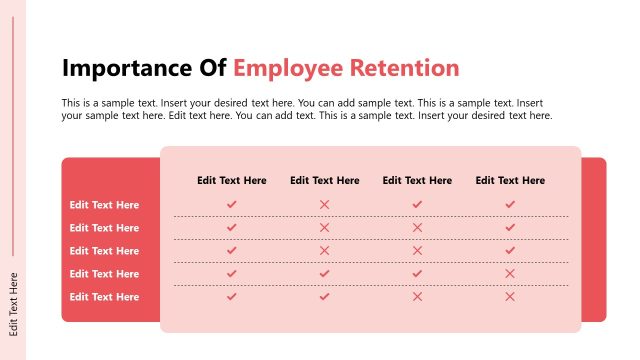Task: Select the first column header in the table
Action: click(232, 181)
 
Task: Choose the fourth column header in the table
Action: click(510, 181)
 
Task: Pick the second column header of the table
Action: click(325, 181)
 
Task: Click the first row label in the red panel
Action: click(104, 205)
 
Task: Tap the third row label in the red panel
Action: click(104, 251)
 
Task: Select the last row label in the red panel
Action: click(104, 297)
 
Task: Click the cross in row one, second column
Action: click(325, 204)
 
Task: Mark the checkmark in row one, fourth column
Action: click(510, 204)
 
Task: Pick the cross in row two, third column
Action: click(418, 227)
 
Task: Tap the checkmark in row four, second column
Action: click(325, 273)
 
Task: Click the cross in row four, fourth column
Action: click(510, 273)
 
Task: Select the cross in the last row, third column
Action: click(418, 296)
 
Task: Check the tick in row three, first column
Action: click(232, 250)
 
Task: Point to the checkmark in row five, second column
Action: click(325, 296)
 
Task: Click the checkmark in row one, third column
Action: click(418, 204)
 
